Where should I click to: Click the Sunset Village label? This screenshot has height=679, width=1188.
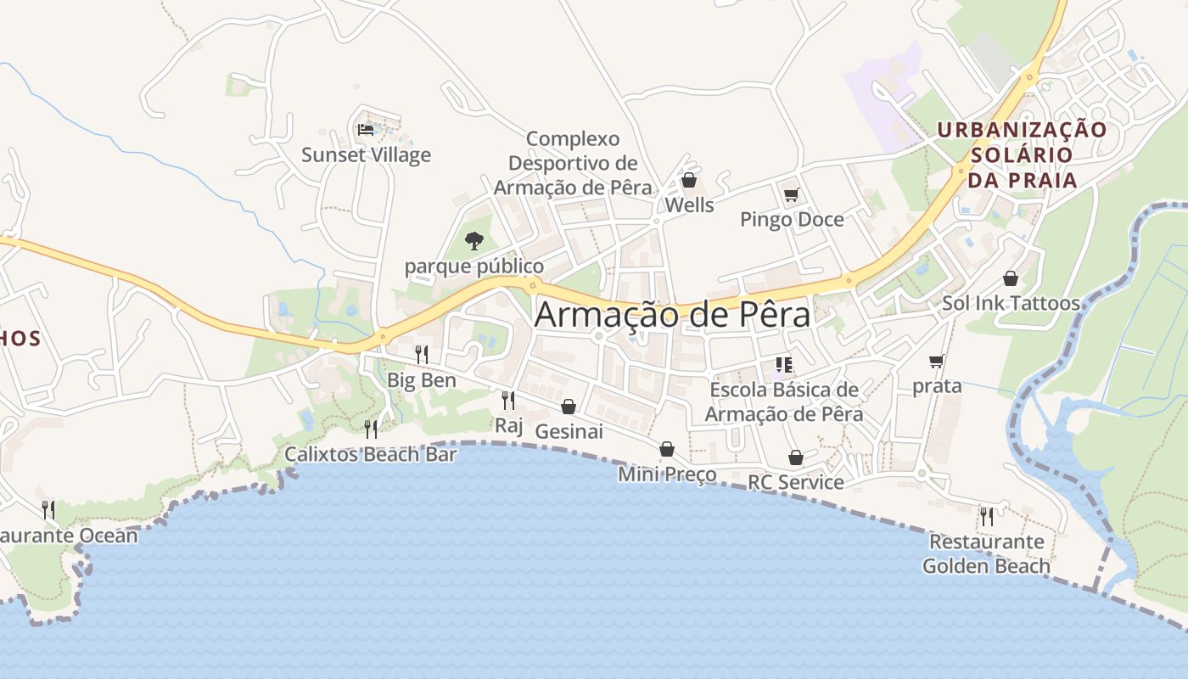tap(367, 155)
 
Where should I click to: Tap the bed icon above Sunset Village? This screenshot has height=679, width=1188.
tap(366, 130)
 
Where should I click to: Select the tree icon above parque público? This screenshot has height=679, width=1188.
tap(474, 241)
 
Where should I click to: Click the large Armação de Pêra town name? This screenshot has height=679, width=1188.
tap(672, 315)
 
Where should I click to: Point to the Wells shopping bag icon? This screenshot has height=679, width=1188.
tap(689, 180)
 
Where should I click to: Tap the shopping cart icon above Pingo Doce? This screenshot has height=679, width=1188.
tap(792, 195)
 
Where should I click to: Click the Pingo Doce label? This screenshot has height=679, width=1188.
tap(792, 220)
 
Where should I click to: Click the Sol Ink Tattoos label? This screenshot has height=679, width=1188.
tap(1011, 303)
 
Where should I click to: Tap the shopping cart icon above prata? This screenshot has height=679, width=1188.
tap(937, 362)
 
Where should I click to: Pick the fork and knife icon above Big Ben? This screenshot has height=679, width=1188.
tap(421, 354)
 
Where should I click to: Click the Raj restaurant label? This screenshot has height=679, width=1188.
tap(509, 425)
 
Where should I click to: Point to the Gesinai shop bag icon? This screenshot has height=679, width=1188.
tap(569, 407)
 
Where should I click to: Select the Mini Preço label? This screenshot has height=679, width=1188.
tap(667, 474)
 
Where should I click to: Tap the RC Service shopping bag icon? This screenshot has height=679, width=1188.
tap(796, 458)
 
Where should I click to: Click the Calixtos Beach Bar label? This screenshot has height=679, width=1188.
tap(371, 454)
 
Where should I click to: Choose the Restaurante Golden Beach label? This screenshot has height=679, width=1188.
tap(986, 553)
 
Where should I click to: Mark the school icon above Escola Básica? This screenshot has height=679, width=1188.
tap(783, 366)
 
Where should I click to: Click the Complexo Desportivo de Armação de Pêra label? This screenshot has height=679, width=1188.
tap(573, 163)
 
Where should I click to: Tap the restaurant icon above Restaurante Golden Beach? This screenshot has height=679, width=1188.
tap(986, 516)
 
